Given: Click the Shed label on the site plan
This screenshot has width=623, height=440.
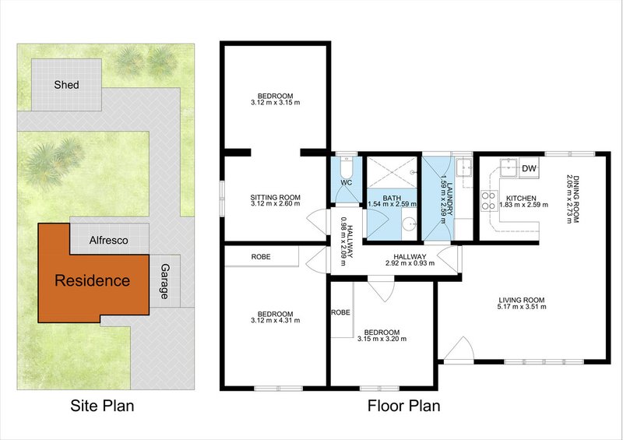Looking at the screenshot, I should (x=66, y=85).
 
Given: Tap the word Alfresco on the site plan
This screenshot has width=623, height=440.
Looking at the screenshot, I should (x=108, y=241).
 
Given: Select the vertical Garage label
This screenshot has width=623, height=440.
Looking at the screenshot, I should (x=164, y=281).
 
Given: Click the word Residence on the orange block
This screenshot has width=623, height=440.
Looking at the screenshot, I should (x=92, y=280).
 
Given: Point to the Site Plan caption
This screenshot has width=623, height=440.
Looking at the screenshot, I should (x=102, y=406).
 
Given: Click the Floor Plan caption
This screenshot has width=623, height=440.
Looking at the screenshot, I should (x=403, y=406).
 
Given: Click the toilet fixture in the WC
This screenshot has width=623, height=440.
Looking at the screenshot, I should (x=347, y=168).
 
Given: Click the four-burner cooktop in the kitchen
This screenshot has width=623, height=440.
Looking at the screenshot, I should (x=489, y=201).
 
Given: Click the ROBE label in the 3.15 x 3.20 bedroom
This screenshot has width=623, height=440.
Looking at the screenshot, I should (x=340, y=312).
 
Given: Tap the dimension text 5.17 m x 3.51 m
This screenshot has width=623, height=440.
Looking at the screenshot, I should (x=523, y=308).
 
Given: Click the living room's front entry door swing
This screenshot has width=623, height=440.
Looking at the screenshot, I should (x=458, y=348).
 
